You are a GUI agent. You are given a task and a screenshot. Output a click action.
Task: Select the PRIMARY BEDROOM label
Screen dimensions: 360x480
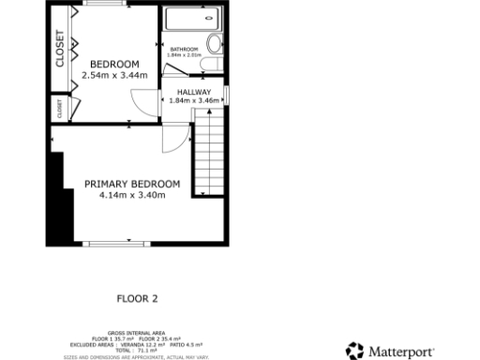pyautogui.click(x=132, y=184)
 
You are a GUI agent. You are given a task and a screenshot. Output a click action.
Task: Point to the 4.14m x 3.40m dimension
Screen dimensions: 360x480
pyautogui.click(x=132, y=195)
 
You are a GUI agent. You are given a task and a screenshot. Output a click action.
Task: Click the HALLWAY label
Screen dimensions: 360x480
pyautogui.click(x=195, y=92)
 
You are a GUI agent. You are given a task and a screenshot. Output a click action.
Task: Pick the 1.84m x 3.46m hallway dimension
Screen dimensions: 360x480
pyautogui.click(x=195, y=100)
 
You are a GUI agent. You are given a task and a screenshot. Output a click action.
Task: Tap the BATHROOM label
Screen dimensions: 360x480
pyautogui.click(x=184, y=49)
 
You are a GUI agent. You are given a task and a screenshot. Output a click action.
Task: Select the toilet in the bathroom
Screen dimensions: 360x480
pyautogui.click(x=214, y=44)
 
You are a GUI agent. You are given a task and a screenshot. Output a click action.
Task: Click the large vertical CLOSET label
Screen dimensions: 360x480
pyautogui.click(x=60, y=49)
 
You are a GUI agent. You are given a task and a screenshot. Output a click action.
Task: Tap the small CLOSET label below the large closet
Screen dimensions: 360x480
pyautogui.click(x=59, y=109)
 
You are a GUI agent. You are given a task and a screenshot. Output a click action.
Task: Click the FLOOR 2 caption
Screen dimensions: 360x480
pyautogui.click(x=137, y=299)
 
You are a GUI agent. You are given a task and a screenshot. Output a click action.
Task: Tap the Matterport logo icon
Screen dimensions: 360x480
pyautogui.click(x=354, y=352)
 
